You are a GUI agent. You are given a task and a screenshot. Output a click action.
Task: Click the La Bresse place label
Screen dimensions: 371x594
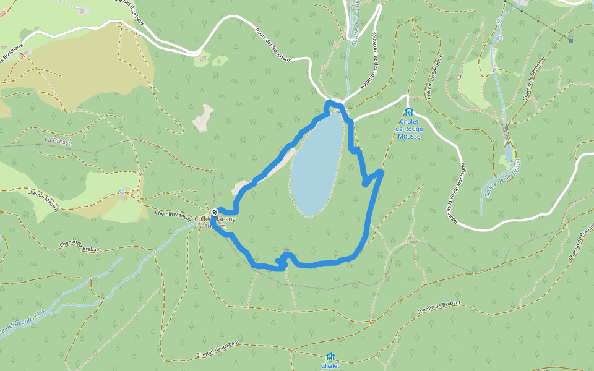pos(58,141)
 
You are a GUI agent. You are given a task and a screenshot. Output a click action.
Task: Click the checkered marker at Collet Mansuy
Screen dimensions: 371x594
pos(214,213)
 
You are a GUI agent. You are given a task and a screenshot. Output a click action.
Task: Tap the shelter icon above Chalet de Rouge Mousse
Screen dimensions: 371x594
pos(408,112)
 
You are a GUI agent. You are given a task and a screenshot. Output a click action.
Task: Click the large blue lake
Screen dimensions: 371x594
pos(316,164)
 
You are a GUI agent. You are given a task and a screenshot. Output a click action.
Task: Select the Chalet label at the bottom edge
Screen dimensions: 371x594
pos(330,366)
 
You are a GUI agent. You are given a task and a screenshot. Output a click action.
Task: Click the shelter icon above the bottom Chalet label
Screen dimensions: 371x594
pos(330,356)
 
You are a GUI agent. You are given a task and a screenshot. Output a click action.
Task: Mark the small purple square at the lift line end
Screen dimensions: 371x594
pos(570,41)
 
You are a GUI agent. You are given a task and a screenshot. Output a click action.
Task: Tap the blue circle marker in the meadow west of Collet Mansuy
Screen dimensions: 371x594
pos(122,190)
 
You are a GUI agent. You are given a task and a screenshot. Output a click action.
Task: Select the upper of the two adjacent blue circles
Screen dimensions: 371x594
pos(499,21)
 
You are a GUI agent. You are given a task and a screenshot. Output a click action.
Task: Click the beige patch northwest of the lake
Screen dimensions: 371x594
pos(203,117)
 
